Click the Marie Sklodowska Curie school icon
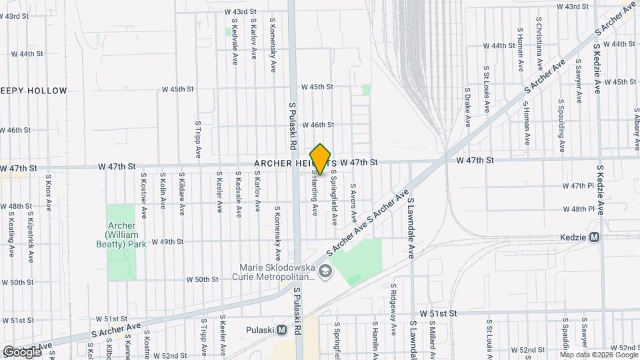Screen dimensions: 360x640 point(325,271)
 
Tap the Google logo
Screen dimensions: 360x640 point(21,351)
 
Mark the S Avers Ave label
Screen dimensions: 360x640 point(353,203)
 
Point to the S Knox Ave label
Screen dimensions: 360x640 point(48,193)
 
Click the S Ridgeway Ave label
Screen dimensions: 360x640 point(393,303)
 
